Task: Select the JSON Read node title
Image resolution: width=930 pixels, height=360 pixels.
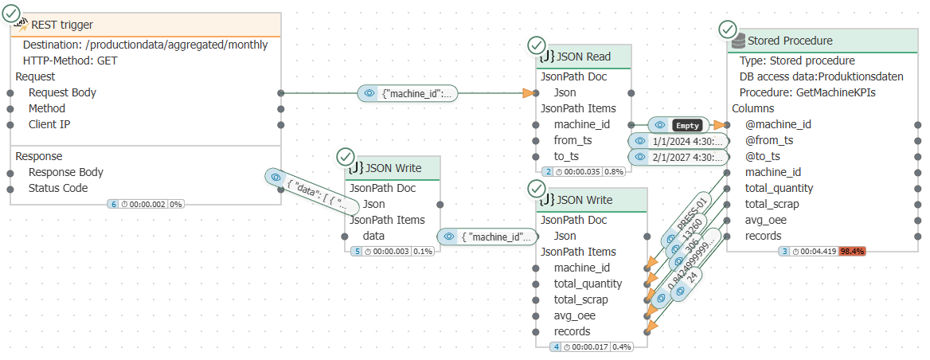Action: pyautogui.click(x=586, y=57)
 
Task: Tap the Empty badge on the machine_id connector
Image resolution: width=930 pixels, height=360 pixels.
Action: pyautogui.click(x=687, y=125)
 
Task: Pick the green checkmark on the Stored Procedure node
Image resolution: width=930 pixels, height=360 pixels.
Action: pyautogui.click(x=728, y=30)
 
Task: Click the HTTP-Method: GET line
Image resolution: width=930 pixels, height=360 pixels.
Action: pyautogui.click(x=71, y=61)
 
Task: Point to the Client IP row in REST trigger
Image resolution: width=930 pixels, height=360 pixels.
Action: pyautogui.click(x=54, y=124)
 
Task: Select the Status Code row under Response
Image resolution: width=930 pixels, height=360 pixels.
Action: pyautogui.click(x=58, y=188)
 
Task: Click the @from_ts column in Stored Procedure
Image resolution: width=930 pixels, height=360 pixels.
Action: pyautogui.click(x=769, y=140)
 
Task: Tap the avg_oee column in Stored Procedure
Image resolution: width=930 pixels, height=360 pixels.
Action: pyautogui.click(x=767, y=220)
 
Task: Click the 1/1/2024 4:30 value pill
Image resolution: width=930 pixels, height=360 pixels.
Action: pyautogui.click(x=678, y=141)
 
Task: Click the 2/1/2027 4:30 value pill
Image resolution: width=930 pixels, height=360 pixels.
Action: pyautogui.click(x=678, y=157)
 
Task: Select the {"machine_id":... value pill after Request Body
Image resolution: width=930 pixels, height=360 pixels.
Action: pyautogui.click(x=408, y=93)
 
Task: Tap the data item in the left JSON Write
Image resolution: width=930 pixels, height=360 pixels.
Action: pyautogui.click(x=373, y=236)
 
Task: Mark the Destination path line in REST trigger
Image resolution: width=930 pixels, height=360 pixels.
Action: pyautogui.click(x=145, y=45)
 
